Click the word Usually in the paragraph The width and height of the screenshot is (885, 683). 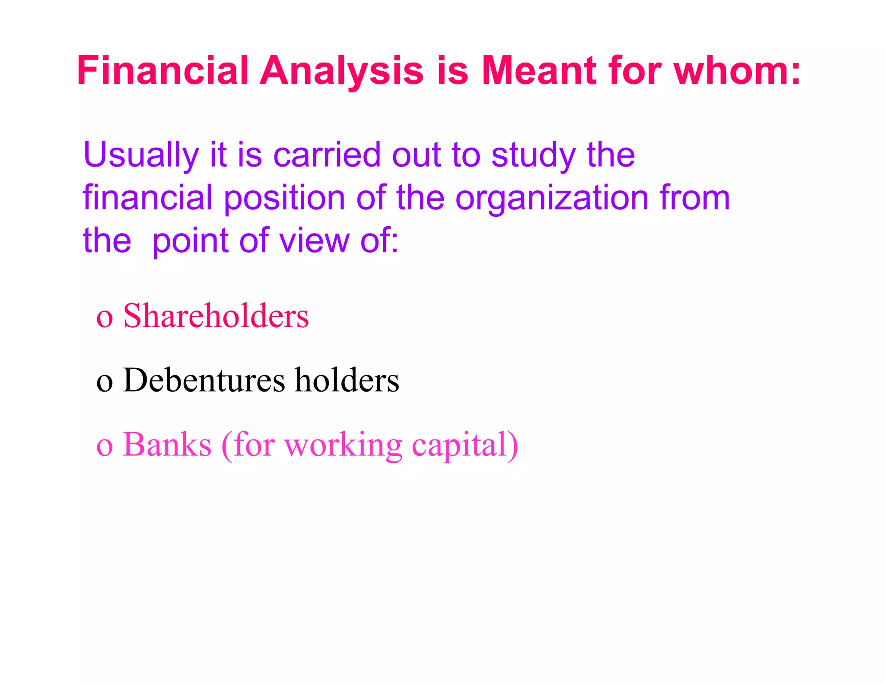coord(141,155)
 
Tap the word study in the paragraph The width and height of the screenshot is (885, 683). coord(533,155)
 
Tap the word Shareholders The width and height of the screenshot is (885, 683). coord(216,316)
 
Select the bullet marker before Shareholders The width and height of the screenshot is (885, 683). coord(105,318)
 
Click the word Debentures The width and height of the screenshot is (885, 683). coord(204,380)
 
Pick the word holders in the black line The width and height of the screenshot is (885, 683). coord(347,380)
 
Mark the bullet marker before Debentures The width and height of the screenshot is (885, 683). coord(105,383)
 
